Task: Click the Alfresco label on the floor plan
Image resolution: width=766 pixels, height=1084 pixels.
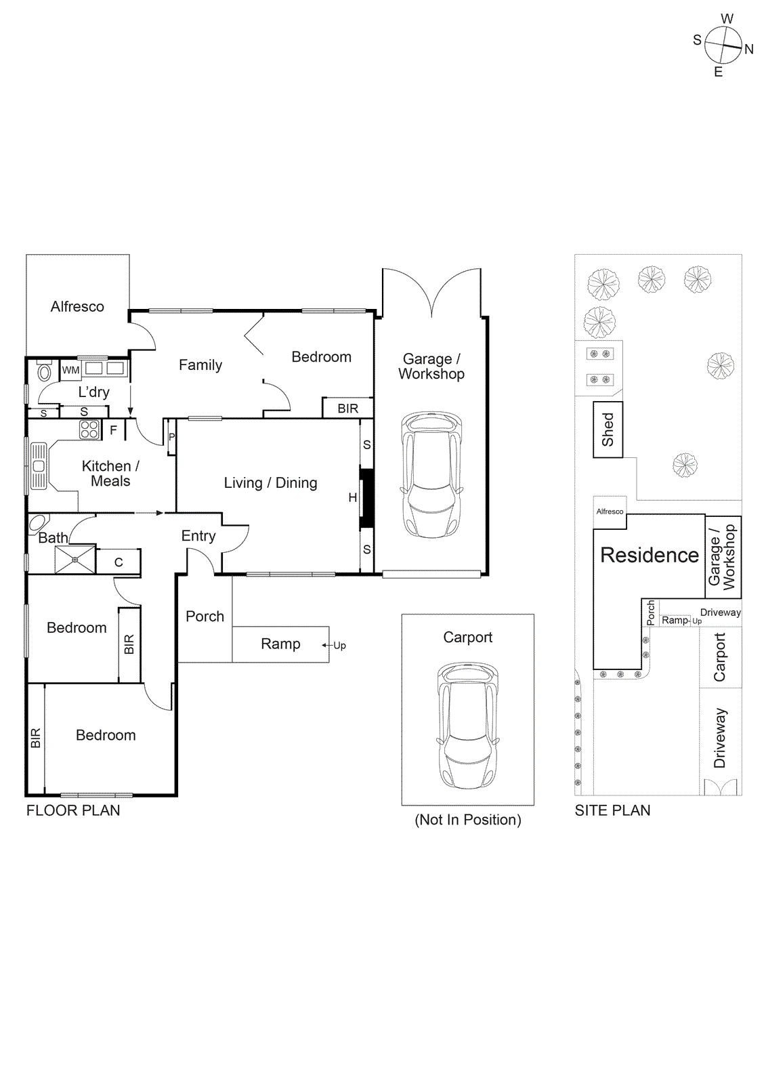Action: point(77,307)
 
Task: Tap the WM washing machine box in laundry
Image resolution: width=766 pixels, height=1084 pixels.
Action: point(70,370)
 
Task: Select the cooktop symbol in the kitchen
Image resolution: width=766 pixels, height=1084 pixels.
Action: point(89,429)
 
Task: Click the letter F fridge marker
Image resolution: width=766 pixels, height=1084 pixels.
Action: point(113,430)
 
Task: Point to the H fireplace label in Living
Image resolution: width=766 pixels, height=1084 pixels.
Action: point(352,497)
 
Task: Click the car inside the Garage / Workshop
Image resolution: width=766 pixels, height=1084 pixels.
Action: point(431,474)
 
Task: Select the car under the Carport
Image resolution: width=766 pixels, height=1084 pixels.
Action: point(467,725)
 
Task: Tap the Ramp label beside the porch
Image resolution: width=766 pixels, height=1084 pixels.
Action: point(280,644)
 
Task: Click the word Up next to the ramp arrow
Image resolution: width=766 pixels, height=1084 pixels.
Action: point(339,646)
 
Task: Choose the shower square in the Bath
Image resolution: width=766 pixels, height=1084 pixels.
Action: point(75,560)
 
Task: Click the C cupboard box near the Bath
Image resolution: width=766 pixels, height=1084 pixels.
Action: point(119,562)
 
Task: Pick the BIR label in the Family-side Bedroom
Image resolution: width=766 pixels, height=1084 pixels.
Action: point(347,409)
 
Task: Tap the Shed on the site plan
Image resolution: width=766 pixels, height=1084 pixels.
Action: point(608,430)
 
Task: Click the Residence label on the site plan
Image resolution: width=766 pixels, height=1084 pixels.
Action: point(649,555)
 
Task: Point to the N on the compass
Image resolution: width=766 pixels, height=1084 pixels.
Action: point(748,49)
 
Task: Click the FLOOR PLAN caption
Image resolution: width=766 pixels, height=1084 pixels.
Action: point(73,810)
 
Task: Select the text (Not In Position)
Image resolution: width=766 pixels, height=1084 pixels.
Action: point(467,820)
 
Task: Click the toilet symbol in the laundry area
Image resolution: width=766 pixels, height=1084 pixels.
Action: point(44,372)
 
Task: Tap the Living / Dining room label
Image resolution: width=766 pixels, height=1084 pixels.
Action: point(270,482)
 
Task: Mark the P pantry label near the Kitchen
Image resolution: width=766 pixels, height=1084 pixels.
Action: point(171,437)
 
